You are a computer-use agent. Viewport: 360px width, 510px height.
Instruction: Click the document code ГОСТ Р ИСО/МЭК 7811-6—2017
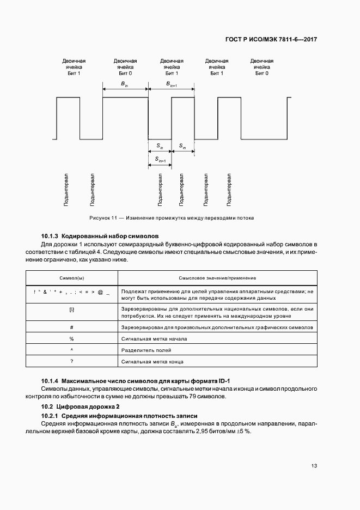click(x=271, y=40)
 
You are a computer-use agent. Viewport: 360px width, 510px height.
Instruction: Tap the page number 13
click(x=314, y=465)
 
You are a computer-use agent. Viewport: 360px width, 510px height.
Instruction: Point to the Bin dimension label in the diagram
click(x=124, y=83)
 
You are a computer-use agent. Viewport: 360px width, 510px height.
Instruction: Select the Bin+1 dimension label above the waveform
click(x=171, y=83)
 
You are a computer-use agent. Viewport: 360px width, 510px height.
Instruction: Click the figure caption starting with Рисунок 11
click(x=172, y=218)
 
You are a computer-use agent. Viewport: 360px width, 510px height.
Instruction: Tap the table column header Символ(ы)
click(x=71, y=277)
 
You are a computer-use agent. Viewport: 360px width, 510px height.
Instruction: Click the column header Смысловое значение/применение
click(x=217, y=277)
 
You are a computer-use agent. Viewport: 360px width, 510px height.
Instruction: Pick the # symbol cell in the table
click(x=71, y=327)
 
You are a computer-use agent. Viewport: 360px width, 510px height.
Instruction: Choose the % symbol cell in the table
click(x=71, y=338)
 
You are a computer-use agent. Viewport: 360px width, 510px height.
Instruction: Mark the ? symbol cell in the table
click(x=71, y=361)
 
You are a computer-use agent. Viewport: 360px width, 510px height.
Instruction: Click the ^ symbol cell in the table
click(x=71, y=350)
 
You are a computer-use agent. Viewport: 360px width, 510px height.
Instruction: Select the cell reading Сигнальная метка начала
click(x=155, y=338)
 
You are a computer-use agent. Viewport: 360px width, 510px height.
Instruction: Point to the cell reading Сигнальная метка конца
click(x=153, y=361)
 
